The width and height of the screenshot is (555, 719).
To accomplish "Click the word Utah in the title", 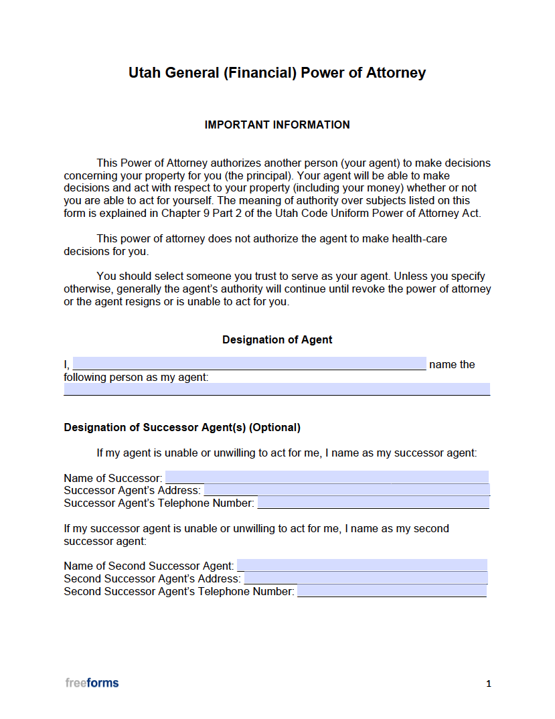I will [145, 73].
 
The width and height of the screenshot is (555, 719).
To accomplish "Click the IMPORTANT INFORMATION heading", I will [277, 125].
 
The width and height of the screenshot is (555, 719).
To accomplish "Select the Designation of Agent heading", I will [277, 339].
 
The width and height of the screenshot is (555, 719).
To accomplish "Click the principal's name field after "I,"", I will [248, 364].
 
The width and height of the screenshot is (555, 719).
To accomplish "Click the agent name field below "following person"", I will [276, 389].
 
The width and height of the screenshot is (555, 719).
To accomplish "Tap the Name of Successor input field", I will [327, 477].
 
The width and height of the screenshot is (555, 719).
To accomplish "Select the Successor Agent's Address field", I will [347, 490].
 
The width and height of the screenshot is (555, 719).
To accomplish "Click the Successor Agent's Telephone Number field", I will [373, 503].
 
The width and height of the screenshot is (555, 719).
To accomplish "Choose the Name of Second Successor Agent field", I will [362, 566].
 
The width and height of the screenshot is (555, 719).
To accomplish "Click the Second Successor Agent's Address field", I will [366, 578].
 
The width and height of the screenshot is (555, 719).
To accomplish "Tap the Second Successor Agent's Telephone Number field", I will [392, 591].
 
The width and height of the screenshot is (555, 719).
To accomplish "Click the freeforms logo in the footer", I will [92, 683].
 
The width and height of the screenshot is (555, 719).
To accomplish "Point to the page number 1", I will [489, 684].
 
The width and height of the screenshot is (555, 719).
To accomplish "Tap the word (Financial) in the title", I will [259, 73].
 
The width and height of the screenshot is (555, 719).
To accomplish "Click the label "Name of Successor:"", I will [112, 478].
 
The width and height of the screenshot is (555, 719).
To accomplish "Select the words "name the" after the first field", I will [452, 364].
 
